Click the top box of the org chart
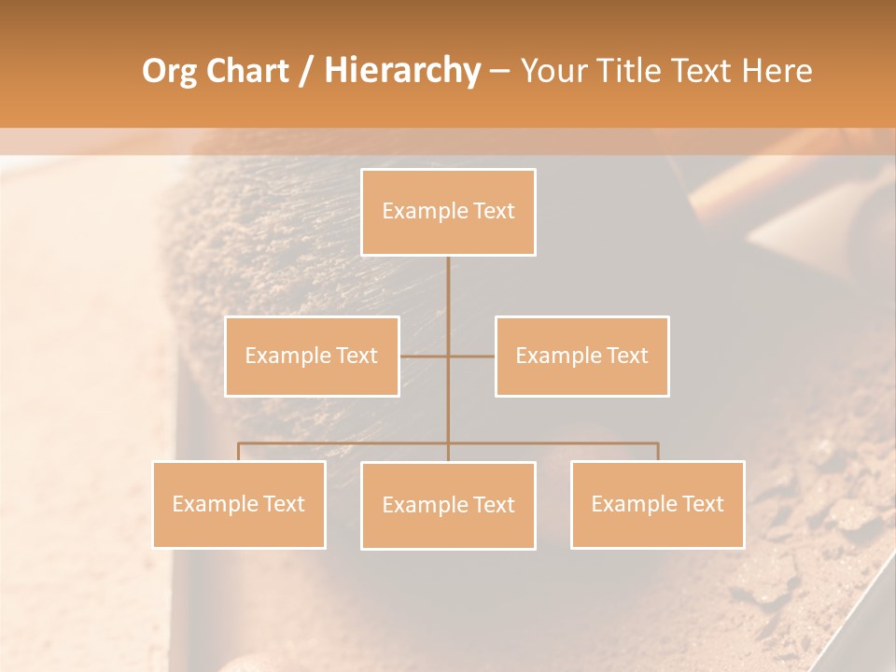tap(448, 212)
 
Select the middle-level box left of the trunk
tap(312, 356)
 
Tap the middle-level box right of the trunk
tap(581, 356)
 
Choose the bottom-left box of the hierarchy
tap(238, 504)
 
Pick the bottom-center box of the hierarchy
tap(448, 505)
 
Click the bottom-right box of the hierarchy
tap(657, 504)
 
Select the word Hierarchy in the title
tap(401, 71)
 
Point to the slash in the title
tap(305, 71)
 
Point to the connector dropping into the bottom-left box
tap(238, 452)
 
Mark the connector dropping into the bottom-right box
tap(658, 452)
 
